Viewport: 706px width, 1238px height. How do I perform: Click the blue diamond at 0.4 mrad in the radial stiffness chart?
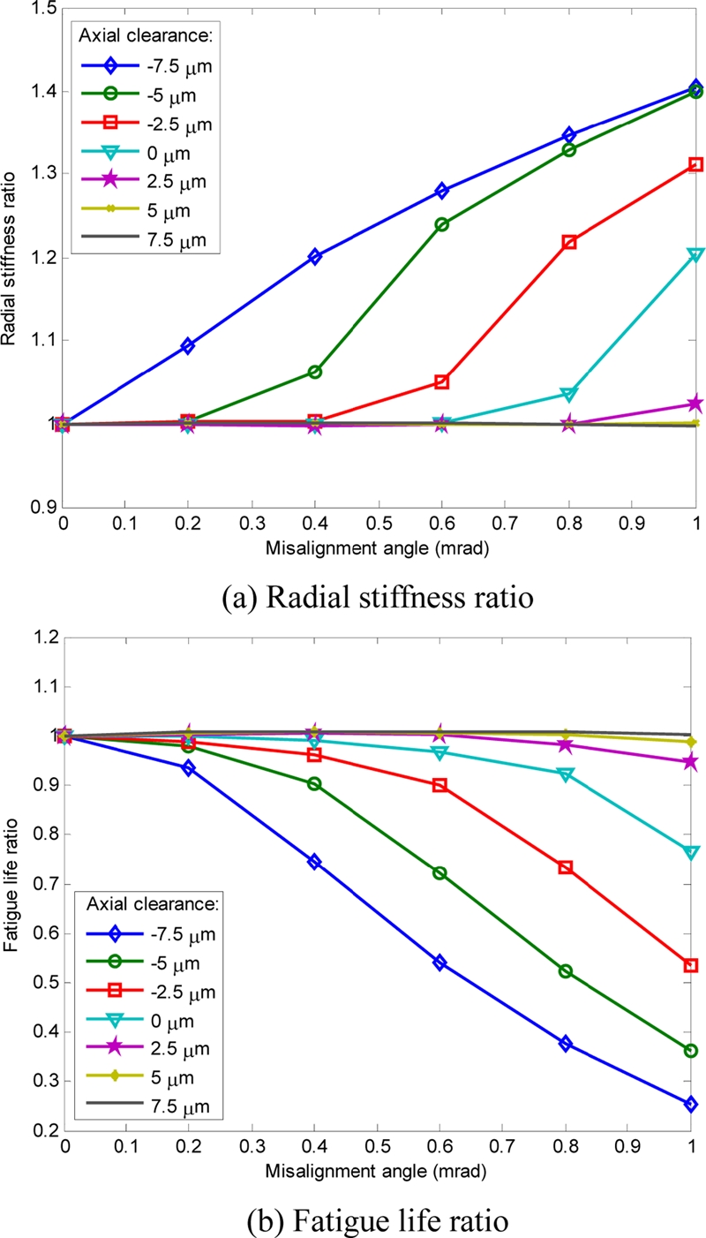315,257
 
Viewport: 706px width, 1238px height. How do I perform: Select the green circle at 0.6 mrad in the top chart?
441,224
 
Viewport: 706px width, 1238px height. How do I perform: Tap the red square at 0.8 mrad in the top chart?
569,241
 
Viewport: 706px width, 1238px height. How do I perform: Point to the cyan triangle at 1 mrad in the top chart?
695,255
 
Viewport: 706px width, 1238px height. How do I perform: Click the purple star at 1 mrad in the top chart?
695,404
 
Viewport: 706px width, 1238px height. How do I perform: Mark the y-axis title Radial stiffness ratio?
10,256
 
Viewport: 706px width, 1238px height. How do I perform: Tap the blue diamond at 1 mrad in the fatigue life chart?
691,1104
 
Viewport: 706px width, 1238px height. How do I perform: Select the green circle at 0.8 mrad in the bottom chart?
565,971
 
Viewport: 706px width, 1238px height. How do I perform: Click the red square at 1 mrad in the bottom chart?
691,965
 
